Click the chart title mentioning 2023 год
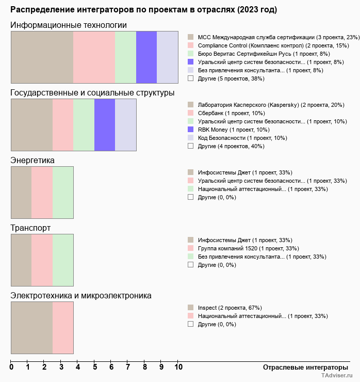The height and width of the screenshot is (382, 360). click(x=143, y=10)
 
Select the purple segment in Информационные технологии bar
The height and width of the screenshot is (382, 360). click(x=146, y=57)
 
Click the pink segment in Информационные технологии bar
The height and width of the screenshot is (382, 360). click(x=94, y=57)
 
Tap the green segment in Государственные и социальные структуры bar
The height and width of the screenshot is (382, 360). click(x=84, y=124)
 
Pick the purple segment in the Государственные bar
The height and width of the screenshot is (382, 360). click(x=105, y=124)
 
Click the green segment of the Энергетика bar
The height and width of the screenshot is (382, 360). click(x=63, y=192)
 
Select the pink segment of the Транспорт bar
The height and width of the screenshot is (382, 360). click(x=42, y=260)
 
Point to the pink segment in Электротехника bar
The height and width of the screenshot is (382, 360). click(x=63, y=327)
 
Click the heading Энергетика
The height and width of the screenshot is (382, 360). click(x=32, y=161)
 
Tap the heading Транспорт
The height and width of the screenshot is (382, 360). click(x=30, y=228)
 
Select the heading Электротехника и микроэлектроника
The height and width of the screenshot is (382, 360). click(x=81, y=296)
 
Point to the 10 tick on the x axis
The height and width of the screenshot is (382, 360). click(x=178, y=368)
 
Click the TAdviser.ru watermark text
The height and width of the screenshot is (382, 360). click(x=337, y=376)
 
